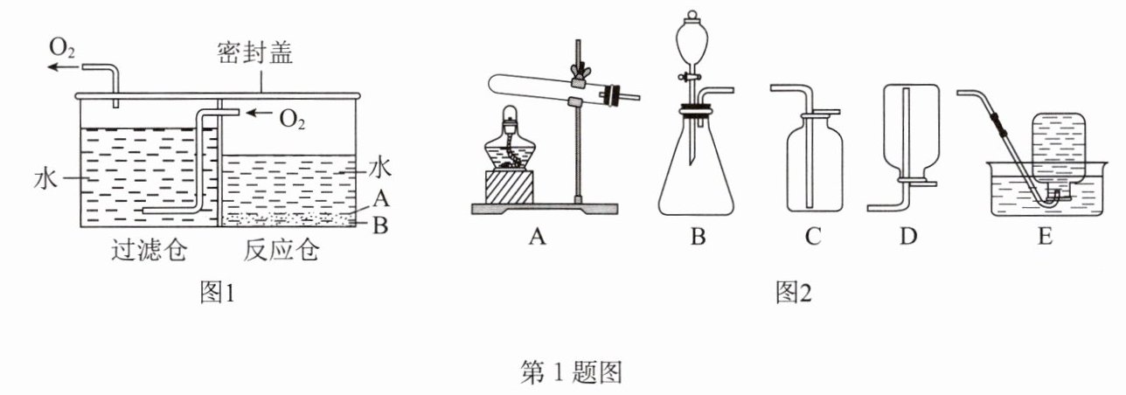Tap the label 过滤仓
pos(148,252)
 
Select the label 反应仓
pos(282,252)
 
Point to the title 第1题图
pos(571,374)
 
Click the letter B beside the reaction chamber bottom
pos(379,225)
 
